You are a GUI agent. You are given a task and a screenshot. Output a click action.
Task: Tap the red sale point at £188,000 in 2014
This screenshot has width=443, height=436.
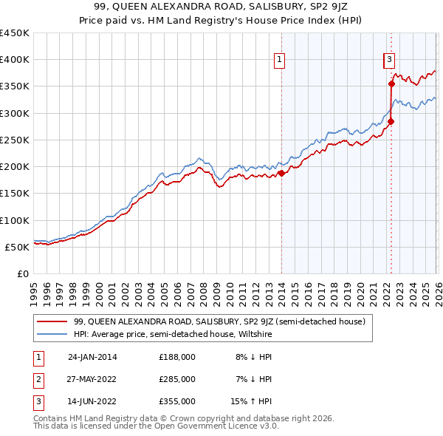pos(281,174)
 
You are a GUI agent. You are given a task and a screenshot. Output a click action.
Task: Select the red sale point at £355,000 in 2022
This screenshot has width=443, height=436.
pos(391,84)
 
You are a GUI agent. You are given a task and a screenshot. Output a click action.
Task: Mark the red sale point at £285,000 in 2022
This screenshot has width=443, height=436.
pos(391,121)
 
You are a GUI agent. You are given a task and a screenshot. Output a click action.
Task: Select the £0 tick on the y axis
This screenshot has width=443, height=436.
pos(23,273)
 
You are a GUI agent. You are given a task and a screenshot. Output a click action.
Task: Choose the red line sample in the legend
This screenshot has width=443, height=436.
pos(53,321)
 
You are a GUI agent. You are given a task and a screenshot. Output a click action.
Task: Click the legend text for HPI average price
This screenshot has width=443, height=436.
pos(173,334)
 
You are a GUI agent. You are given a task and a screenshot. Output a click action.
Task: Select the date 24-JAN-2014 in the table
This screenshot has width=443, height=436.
pos(92,357)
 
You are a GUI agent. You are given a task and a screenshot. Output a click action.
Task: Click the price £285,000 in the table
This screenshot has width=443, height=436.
pos(177,379)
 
